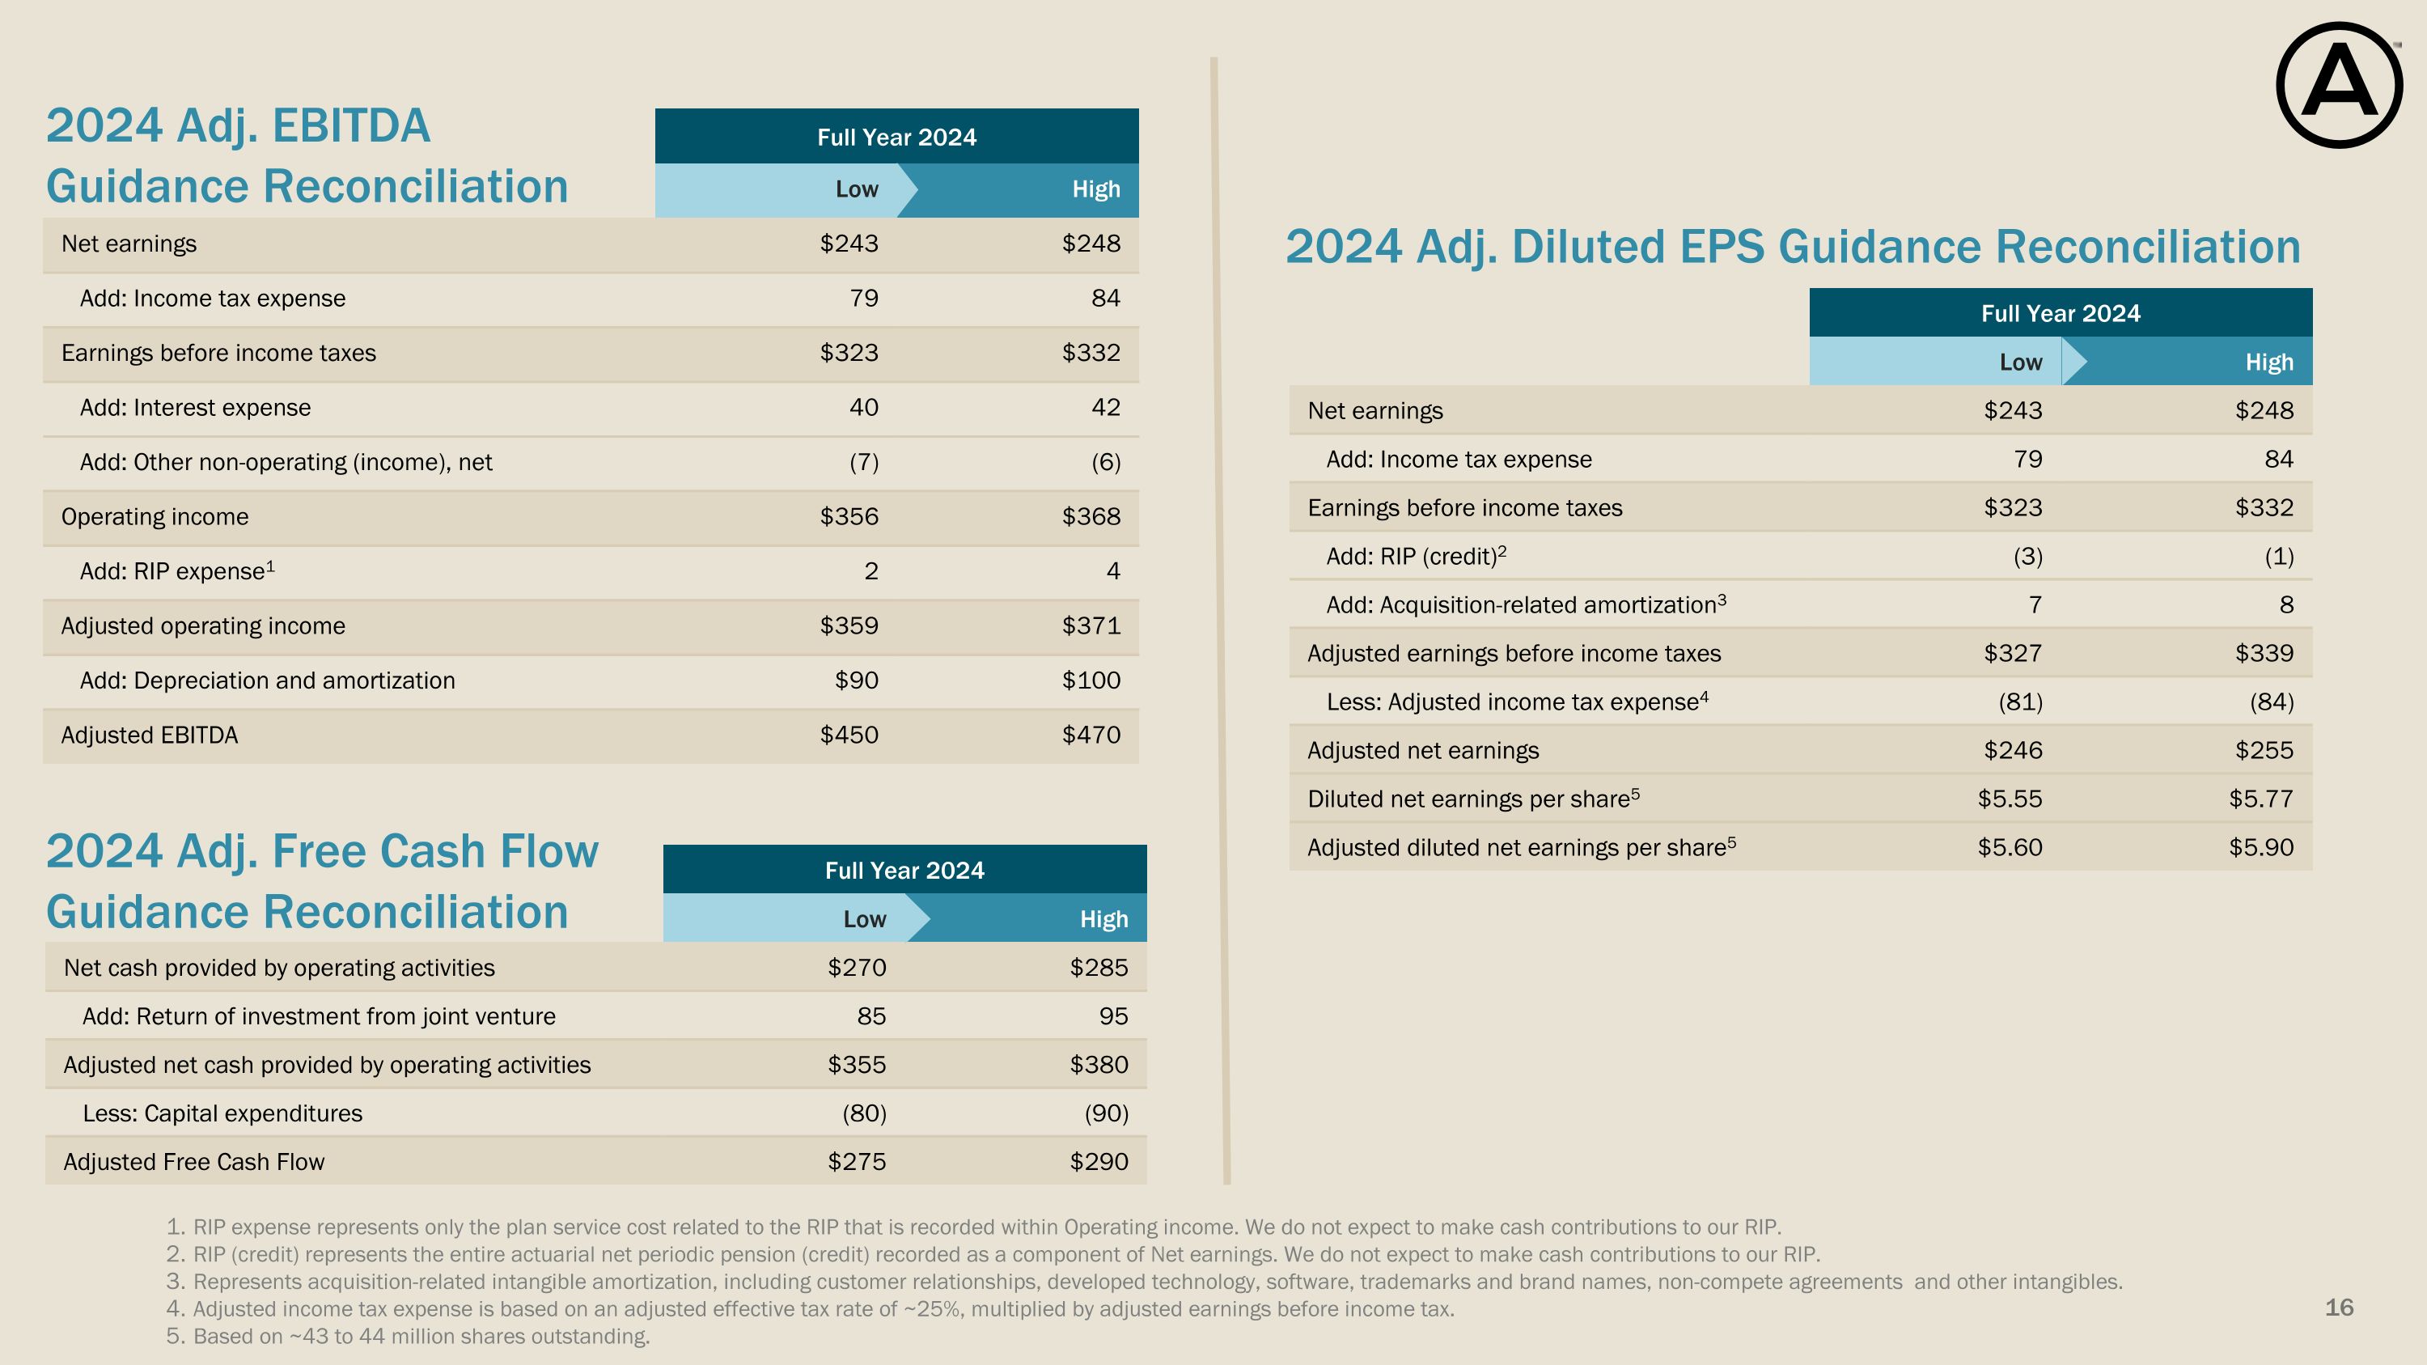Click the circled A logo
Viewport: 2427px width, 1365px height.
pyautogui.click(x=2339, y=85)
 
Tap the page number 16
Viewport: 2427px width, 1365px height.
pyautogui.click(x=2339, y=1307)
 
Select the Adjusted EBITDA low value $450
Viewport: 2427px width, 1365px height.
pyautogui.click(x=849, y=735)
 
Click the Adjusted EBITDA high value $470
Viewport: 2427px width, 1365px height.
pyautogui.click(x=1091, y=735)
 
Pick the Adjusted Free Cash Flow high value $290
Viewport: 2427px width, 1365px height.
pyautogui.click(x=1099, y=1162)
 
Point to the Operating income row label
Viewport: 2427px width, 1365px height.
pyautogui.click(x=155, y=516)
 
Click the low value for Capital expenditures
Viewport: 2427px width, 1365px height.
pyautogui.click(x=864, y=1113)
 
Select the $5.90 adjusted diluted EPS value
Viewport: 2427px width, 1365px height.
pyautogui.click(x=2260, y=847)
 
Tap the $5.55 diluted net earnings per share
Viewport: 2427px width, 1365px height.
pyautogui.click(x=2010, y=799)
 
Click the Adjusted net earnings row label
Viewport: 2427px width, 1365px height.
pyautogui.click(x=1423, y=750)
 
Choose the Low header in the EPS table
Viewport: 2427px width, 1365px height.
pyautogui.click(x=2021, y=362)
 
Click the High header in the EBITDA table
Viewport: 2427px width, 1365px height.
pyautogui.click(x=1095, y=189)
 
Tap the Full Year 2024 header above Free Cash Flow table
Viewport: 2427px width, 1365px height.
pyautogui.click(x=904, y=870)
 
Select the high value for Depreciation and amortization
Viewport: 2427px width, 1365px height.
pyautogui.click(x=1091, y=680)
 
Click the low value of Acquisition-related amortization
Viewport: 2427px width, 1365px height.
pyautogui.click(x=2034, y=604)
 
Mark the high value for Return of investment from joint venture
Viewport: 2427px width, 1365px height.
pyautogui.click(x=1112, y=1016)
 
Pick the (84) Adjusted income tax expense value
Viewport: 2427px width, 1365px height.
pyautogui.click(x=2271, y=702)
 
